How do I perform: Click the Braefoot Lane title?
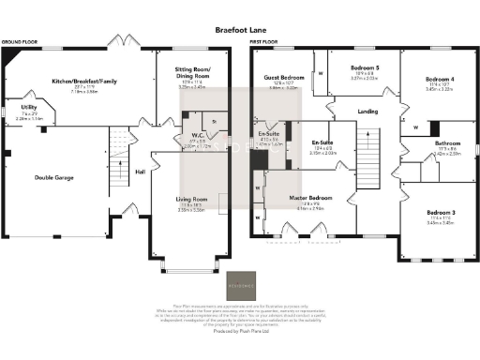[239, 29]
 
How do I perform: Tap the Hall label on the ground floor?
[140, 172]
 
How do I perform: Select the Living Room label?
[191, 201]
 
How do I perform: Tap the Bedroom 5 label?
[365, 68]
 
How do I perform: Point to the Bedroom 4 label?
[439, 79]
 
